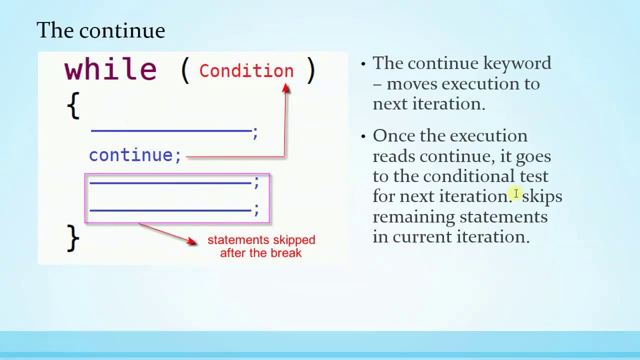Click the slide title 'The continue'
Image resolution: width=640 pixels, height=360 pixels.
(101, 30)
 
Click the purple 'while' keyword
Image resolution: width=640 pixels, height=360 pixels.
(110, 69)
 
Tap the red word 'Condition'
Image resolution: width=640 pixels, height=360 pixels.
(246, 71)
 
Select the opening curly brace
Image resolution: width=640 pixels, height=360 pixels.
(73, 105)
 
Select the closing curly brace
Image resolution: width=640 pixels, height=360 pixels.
(73, 238)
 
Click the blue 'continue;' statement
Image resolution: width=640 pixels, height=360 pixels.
(135, 155)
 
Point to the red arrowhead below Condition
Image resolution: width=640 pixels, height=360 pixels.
(285, 88)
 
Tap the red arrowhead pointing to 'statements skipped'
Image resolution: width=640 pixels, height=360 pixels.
(191, 241)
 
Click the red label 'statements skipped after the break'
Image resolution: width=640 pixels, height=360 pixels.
(261, 246)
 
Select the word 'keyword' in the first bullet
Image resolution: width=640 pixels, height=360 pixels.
(517, 63)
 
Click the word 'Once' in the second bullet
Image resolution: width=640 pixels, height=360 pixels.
(393, 135)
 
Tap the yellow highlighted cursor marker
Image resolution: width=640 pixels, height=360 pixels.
(515, 193)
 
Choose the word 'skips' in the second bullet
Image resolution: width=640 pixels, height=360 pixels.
(542, 197)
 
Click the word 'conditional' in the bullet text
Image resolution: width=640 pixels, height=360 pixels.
(468, 176)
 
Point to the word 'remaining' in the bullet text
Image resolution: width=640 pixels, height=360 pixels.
(413, 217)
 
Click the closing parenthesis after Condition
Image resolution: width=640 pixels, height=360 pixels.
(311, 70)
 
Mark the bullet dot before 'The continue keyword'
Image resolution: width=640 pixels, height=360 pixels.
(363, 63)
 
